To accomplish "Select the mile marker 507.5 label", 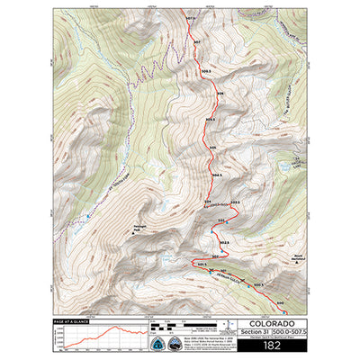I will pyautogui.click(x=190, y=18).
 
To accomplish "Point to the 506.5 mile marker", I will pyautogui.click(x=206, y=69).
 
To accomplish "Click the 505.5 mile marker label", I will pyautogui.click(x=211, y=120).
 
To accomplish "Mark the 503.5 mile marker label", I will pyautogui.click(x=235, y=202).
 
